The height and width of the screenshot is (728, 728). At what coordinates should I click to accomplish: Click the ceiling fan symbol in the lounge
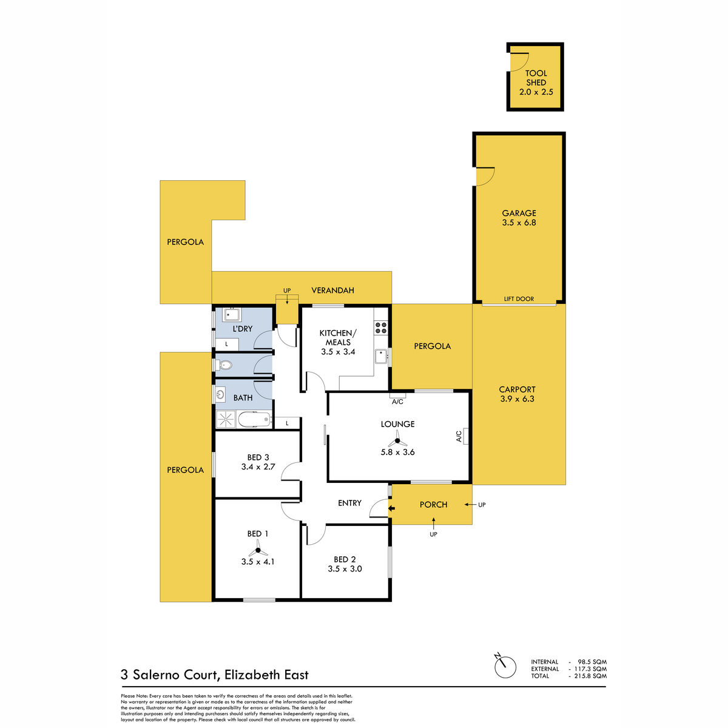click(x=397, y=440)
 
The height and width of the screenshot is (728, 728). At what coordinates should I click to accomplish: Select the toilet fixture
click(x=224, y=365)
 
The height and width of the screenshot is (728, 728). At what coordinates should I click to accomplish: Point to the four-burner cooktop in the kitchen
click(x=381, y=328)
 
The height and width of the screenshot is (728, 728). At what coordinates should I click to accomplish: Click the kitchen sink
click(x=381, y=356)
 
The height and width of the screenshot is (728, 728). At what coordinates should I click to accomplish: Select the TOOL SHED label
click(x=536, y=78)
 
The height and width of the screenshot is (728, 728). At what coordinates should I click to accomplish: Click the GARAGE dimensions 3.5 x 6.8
click(x=519, y=223)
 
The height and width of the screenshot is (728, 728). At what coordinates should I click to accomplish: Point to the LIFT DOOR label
click(x=519, y=299)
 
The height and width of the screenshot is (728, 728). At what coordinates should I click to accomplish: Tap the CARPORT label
click(x=517, y=389)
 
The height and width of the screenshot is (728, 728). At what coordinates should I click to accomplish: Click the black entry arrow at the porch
click(x=392, y=508)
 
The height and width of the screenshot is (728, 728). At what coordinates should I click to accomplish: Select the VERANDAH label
click(x=332, y=290)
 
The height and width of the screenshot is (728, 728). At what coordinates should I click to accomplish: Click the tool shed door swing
click(x=519, y=62)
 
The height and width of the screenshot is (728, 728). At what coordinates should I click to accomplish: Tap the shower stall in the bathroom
click(x=226, y=419)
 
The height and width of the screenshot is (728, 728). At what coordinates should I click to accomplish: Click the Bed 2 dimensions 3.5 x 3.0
click(x=345, y=568)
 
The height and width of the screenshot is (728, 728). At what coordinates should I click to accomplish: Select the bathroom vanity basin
click(x=220, y=396)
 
